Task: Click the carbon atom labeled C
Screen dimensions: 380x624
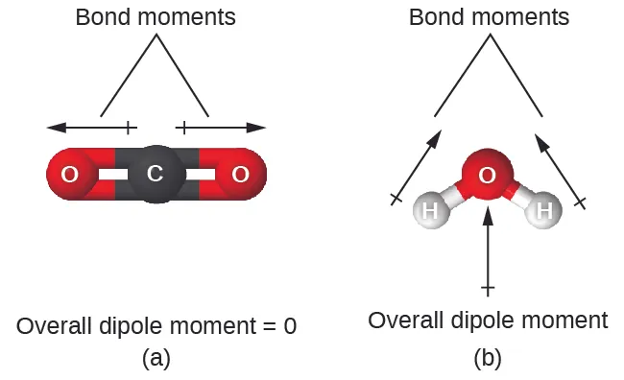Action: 155,174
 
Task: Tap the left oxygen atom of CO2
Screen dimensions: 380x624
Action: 70,175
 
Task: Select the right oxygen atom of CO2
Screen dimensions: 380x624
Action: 240,175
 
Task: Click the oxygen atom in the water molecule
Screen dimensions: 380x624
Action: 488,175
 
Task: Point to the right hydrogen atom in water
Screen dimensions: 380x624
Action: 544,209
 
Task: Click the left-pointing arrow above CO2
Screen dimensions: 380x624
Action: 91,127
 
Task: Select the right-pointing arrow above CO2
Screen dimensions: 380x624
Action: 221,127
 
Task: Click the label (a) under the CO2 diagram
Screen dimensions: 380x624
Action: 156,358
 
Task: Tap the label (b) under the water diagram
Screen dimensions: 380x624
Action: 488,358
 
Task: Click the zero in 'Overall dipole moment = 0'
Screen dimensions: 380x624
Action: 289,325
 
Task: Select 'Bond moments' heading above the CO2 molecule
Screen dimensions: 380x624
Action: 155,17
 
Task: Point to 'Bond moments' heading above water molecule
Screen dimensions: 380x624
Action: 489,17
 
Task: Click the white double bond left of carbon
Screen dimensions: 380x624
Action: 113,175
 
